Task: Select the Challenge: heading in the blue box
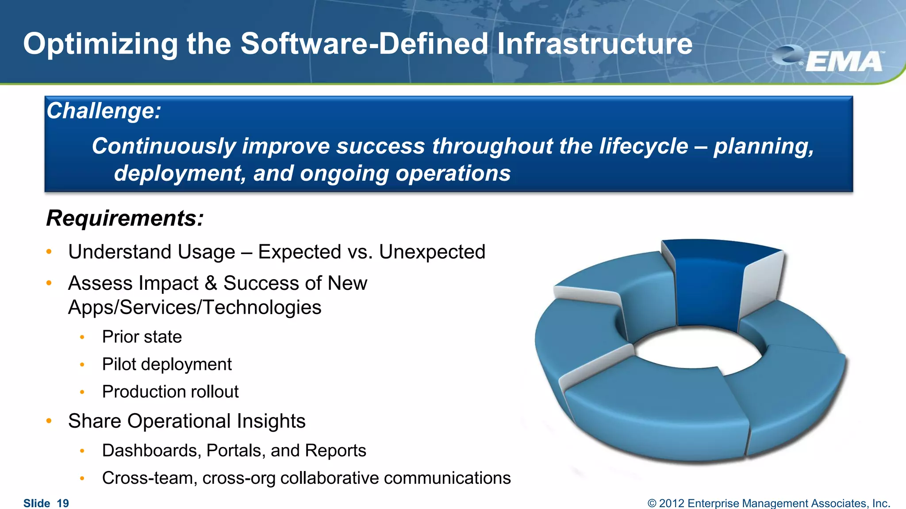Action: coord(104,111)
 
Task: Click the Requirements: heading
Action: coord(125,218)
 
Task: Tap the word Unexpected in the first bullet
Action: coord(432,252)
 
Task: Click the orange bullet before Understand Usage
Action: coord(49,252)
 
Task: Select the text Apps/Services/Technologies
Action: coord(195,308)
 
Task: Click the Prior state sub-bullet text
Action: coord(142,337)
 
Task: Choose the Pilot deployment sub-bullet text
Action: coord(167,365)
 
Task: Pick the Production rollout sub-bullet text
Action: coord(170,392)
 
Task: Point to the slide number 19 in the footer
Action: coord(63,503)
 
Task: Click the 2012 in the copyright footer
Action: coord(672,503)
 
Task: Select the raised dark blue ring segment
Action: coord(708,287)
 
